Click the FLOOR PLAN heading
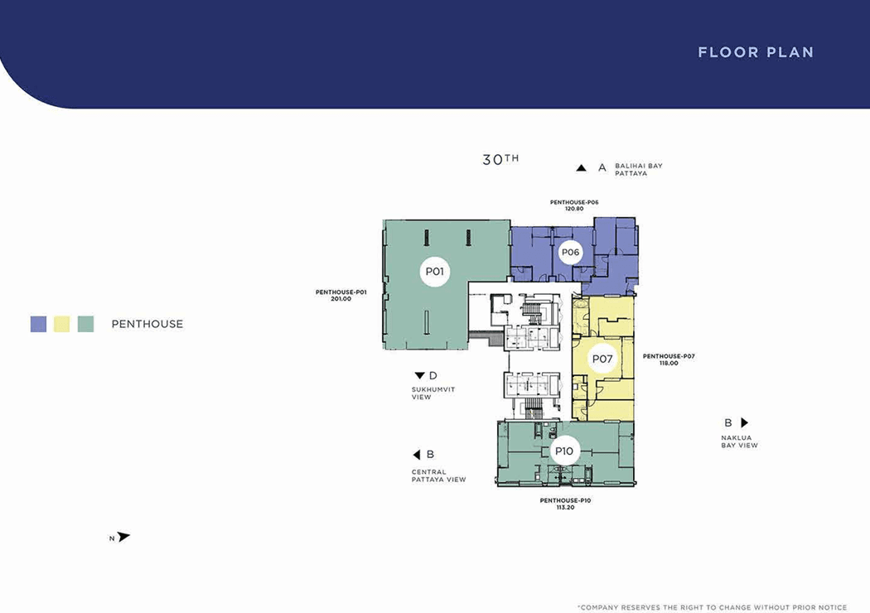(x=756, y=52)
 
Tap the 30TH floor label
(x=500, y=160)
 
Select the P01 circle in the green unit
(x=434, y=271)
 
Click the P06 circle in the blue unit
(x=570, y=253)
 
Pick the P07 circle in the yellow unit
(x=602, y=359)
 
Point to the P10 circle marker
(x=564, y=451)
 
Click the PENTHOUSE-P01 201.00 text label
(x=341, y=295)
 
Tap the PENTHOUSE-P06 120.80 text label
(x=574, y=205)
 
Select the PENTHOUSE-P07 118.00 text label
(x=669, y=360)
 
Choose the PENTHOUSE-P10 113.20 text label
(x=565, y=504)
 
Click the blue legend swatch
(x=38, y=324)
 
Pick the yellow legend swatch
(x=61, y=324)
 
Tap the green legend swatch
(x=85, y=324)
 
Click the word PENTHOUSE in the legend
(x=147, y=324)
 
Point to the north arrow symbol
(x=123, y=537)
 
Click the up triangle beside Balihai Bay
(x=581, y=167)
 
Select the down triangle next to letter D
(x=419, y=375)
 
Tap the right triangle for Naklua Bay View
(x=745, y=422)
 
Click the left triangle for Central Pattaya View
(x=417, y=455)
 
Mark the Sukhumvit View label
(x=433, y=393)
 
